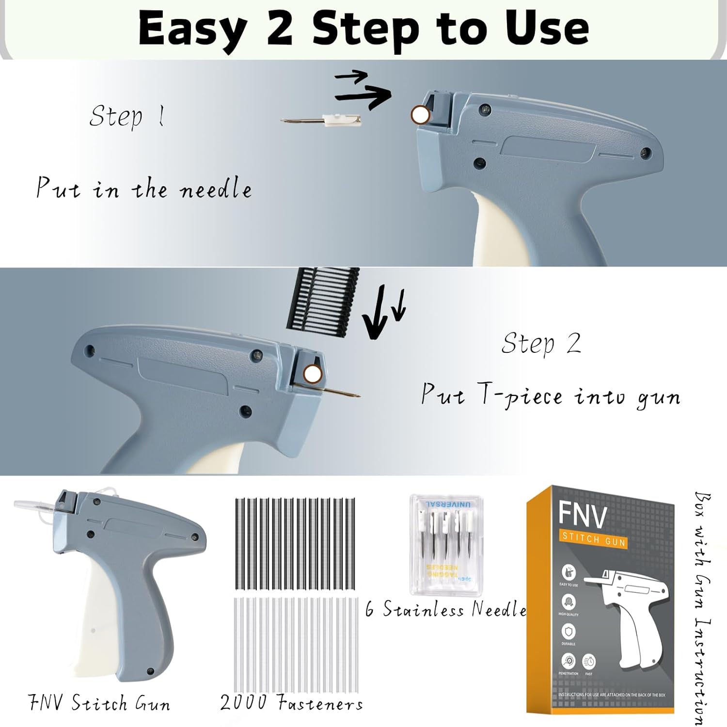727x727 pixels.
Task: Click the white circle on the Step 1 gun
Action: pos(420,115)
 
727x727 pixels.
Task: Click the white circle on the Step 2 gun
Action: pos(313,374)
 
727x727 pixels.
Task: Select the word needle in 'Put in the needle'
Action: pos(216,189)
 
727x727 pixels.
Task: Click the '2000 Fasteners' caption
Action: pos(291,702)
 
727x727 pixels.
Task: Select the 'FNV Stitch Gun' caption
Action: pos(99,703)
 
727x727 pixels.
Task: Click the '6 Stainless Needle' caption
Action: pos(446,609)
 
